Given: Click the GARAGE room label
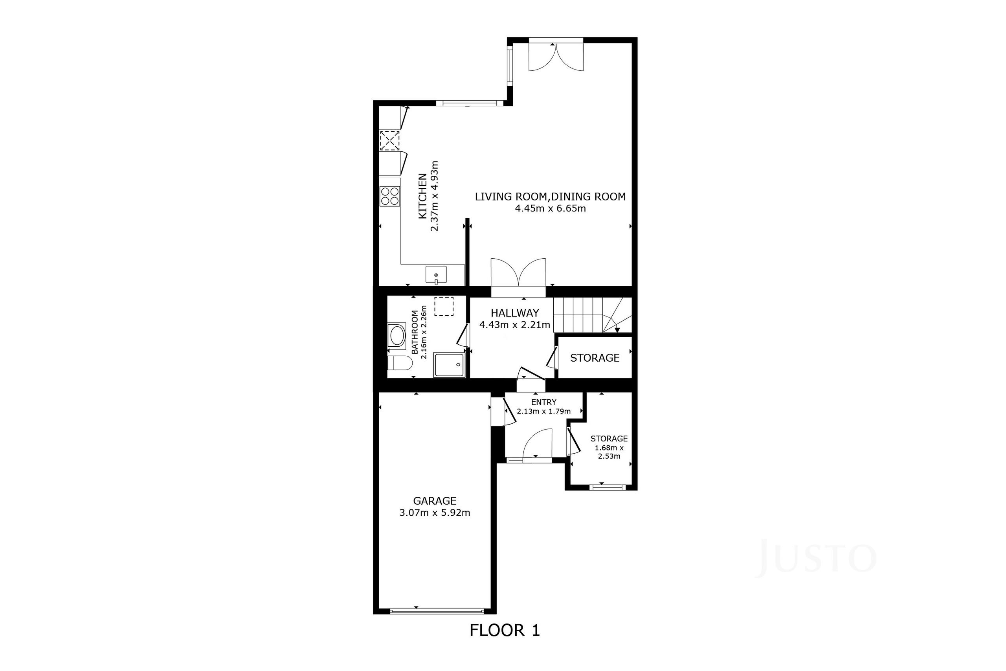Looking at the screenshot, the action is [x=435, y=501].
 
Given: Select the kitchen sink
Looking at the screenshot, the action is [x=436, y=275].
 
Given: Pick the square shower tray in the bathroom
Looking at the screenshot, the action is [x=449, y=365].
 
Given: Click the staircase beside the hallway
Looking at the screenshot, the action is [x=593, y=315].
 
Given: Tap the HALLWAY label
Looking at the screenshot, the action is [x=514, y=313].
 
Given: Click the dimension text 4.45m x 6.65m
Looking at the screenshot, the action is [x=550, y=208].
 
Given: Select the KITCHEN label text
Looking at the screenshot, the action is [x=422, y=196].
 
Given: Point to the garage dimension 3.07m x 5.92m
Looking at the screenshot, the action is [x=435, y=513].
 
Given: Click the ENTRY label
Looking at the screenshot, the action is [x=543, y=402].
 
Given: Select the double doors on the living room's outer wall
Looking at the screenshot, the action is [x=556, y=55].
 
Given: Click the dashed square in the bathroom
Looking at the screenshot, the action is [x=444, y=306].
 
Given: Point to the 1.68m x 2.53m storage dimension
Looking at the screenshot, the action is [x=609, y=452].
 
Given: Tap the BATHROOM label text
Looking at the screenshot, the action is [x=415, y=332].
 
